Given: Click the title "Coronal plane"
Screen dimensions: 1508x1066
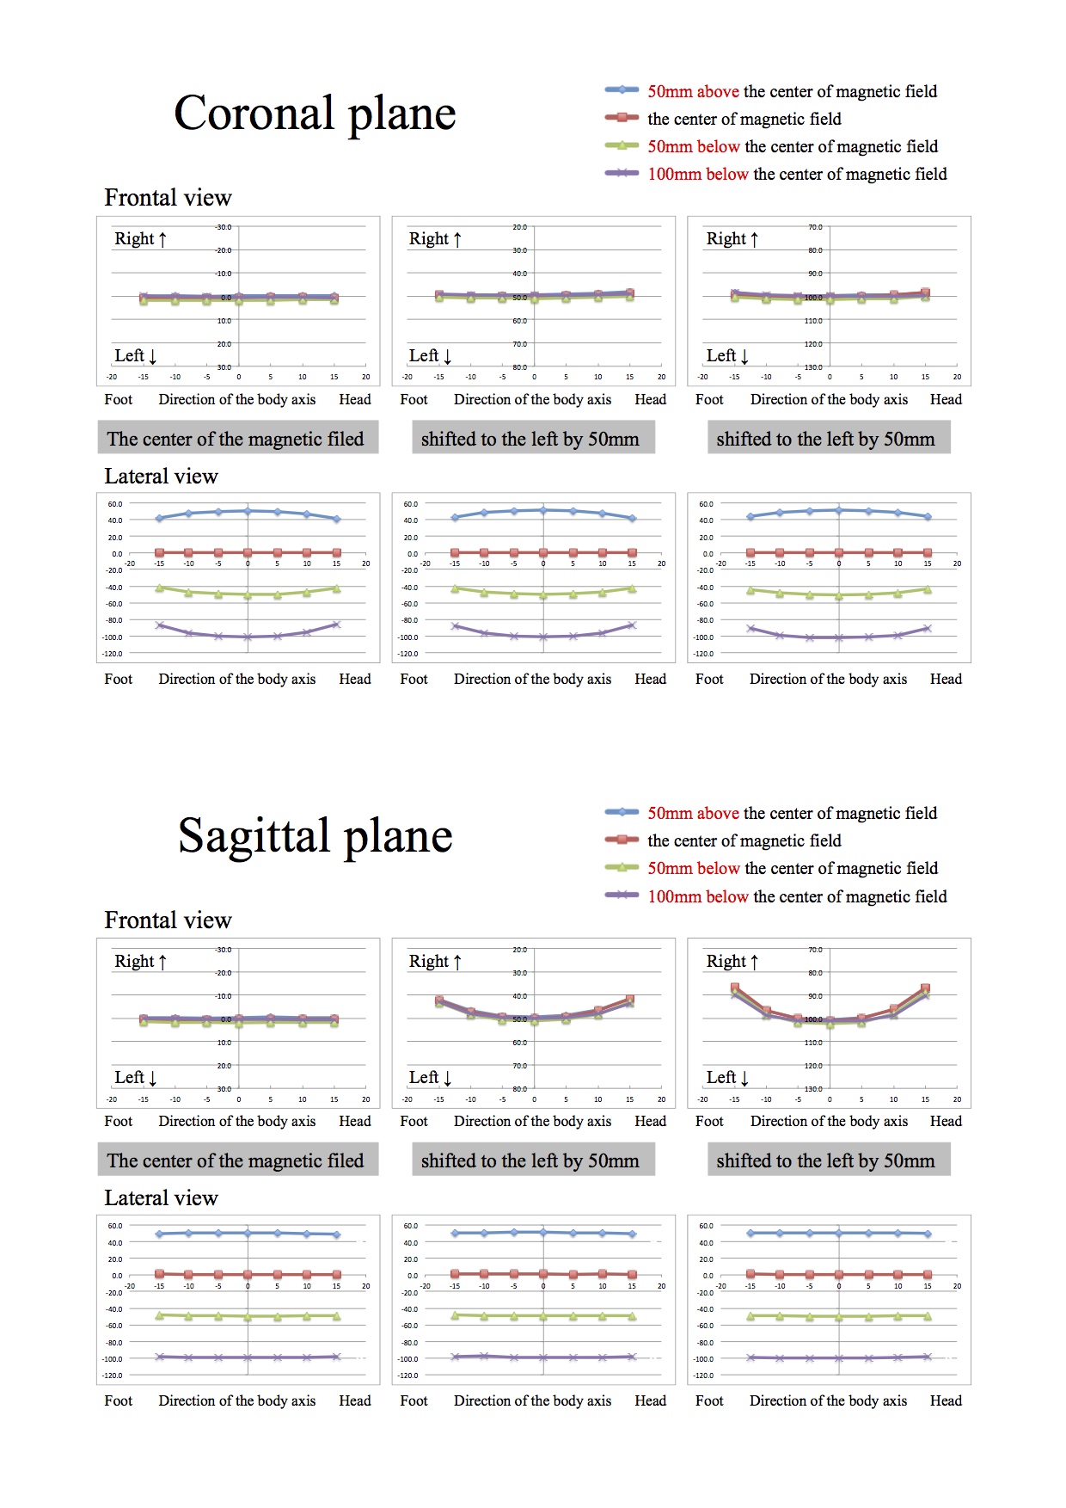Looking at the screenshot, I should pyautogui.click(x=315, y=114).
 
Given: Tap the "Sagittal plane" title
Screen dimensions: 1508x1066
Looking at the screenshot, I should pyautogui.click(x=315, y=836).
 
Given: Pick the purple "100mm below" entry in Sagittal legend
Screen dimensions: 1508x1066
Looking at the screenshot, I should pyautogui.click(x=796, y=896).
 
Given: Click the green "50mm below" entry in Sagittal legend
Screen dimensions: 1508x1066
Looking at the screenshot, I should pyautogui.click(x=792, y=868).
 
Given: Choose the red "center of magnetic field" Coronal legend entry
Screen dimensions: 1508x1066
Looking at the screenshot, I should pyautogui.click(x=744, y=119).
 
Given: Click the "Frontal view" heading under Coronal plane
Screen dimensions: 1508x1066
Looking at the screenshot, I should pyautogui.click(x=168, y=198).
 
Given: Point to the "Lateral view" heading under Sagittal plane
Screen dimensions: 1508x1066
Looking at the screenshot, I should pyautogui.click(x=161, y=1198).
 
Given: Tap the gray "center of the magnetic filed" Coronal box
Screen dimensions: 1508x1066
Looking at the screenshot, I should pyautogui.click(x=236, y=439).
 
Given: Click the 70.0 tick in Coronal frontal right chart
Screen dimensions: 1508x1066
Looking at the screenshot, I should pyautogui.click(x=814, y=227).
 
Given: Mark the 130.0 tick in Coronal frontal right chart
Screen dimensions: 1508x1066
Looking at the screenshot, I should pyautogui.click(x=813, y=367).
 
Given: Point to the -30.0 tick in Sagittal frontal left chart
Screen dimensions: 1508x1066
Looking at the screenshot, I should pyautogui.click(x=223, y=950).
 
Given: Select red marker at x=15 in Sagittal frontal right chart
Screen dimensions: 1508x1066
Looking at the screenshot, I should pyautogui.click(x=925, y=988).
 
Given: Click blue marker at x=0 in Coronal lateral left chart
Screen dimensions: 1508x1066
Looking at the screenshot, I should pyautogui.click(x=248, y=511).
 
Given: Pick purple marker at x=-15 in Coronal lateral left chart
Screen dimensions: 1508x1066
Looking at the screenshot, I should pyautogui.click(x=159, y=625).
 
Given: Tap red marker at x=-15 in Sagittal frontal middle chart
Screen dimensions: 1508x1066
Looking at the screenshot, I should pyautogui.click(x=439, y=1000).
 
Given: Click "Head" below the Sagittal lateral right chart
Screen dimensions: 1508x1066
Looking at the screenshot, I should pyautogui.click(x=946, y=1400).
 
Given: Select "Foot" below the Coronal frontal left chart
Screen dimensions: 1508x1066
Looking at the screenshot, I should pyautogui.click(x=119, y=399).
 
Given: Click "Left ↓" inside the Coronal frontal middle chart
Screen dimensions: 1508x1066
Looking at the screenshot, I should pyautogui.click(x=430, y=355).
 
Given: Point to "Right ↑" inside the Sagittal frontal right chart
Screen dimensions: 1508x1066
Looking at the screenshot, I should pyautogui.click(x=732, y=961).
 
